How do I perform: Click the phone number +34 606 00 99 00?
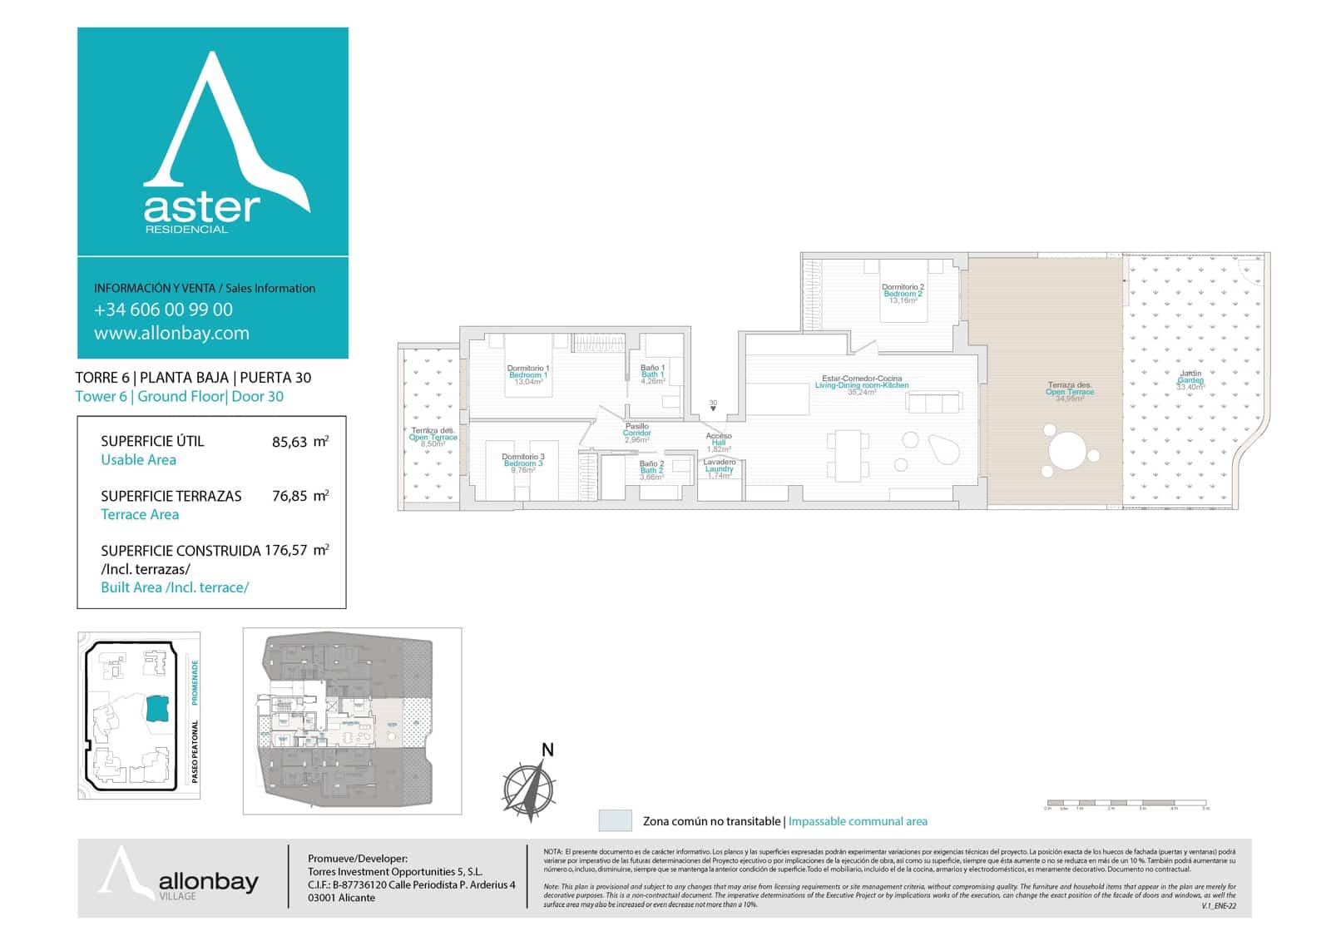[x=163, y=310]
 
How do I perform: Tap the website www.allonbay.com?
[x=171, y=334]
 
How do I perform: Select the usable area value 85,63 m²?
[x=299, y=442]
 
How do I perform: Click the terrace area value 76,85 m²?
[x=299, y=496]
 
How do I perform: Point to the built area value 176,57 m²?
[x=296, y=550]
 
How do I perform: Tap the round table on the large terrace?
[x=1067, y=452]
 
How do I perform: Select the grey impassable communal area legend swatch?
[x=615, y=820]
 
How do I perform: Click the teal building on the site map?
[x=156, y=708]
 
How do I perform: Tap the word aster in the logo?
[x=202, y=207]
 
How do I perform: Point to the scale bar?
[x=1126, y=804]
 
